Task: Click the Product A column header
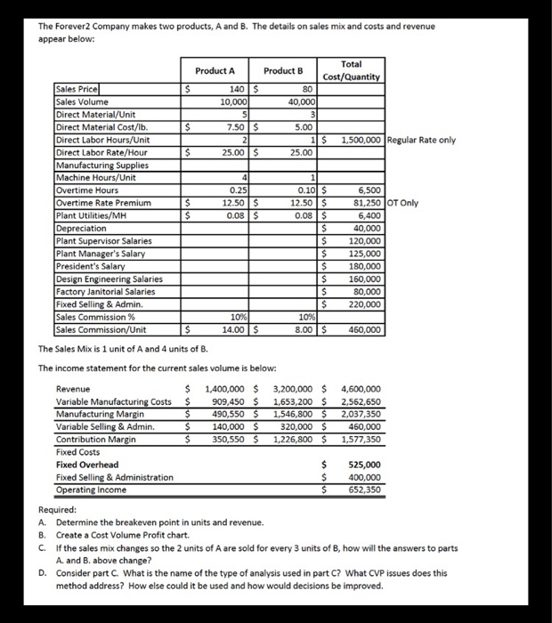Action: tap(215, 71)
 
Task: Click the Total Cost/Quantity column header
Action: tap(356, 70)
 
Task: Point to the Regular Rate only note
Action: tap(422, 140)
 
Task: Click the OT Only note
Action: tap(403, 203)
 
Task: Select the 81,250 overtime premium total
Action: tap(365, 203)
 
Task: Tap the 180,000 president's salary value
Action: tap(365, 266)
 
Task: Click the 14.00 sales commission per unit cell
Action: tap(232, 329)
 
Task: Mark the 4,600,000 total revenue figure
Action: tap(360, 389)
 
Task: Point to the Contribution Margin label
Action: tap(96, 439)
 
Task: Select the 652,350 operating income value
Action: tap(364, 489)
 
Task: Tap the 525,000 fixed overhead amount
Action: tap(364, 465)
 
